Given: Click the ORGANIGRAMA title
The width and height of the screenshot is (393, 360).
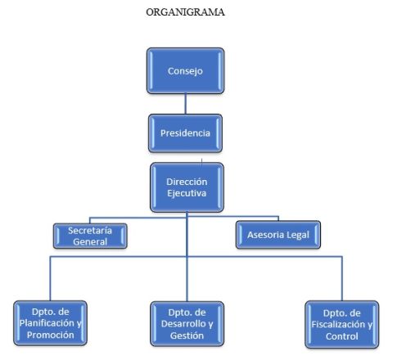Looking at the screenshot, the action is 185,12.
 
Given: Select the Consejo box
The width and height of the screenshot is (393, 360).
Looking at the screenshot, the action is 186,70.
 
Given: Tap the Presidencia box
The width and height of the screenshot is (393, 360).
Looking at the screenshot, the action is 185,133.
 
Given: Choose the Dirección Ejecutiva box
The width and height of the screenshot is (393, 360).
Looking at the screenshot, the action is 187,187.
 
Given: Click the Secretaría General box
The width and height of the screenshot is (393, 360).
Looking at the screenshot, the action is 90,236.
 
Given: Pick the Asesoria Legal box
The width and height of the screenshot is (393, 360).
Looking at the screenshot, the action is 278,235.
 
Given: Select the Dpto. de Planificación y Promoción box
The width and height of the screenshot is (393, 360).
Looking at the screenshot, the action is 50,323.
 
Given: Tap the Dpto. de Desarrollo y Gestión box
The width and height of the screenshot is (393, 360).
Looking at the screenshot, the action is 187,324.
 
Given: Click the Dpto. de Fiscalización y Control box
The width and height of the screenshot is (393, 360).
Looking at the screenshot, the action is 341,325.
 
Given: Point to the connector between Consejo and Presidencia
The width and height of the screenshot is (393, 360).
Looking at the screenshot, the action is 186,104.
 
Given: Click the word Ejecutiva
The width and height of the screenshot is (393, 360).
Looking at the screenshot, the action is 187,193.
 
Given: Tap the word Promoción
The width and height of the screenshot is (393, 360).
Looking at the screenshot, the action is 51,335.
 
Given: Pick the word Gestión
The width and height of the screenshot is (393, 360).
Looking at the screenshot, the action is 187,335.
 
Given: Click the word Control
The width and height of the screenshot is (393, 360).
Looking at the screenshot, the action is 341,336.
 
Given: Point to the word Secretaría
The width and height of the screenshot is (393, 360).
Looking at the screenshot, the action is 90,231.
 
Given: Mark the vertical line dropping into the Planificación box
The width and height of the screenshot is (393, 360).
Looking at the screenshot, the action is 50,278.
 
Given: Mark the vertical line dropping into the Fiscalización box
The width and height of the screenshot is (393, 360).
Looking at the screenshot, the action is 342,278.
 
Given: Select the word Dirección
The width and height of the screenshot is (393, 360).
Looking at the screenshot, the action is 187,182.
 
